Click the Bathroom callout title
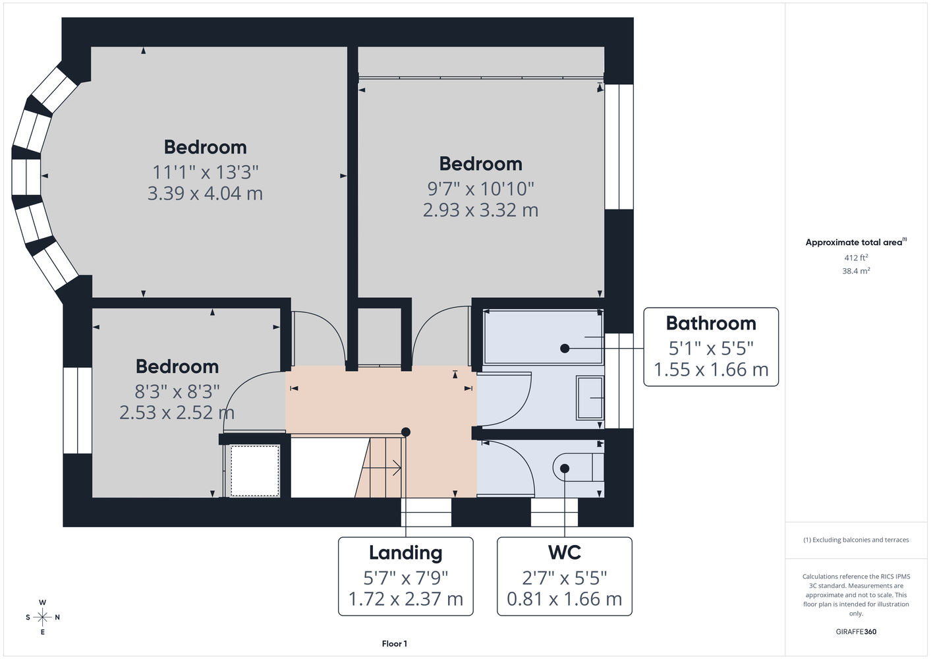[711, 324]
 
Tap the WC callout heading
[565, 552]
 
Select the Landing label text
[406, 553]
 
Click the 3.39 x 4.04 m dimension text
[206, 193]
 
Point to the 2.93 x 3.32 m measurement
[480, 210]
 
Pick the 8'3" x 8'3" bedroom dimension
[177, 391]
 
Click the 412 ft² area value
[856, 258]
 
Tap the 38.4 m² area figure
[856, 271]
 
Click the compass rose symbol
[42, 617]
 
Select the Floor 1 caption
[395, 644]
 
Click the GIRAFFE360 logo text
[856, 631]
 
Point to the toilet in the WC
[578, 467]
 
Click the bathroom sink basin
[590, 398]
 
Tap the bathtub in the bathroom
[543, 337]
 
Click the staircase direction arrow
[381, 468]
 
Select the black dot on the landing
[406, 432]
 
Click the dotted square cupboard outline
[255, 471]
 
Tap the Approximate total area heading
[856, 242]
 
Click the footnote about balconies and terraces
[856, 540]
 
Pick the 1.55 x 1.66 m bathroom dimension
[711, 370]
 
